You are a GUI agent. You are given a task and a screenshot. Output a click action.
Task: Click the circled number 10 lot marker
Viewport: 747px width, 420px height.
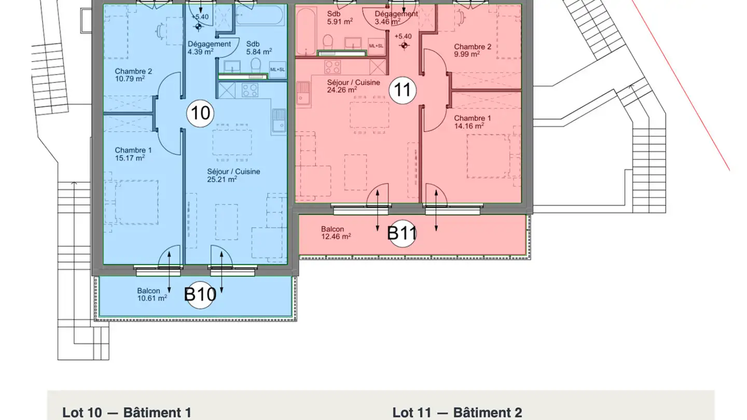(x=200, y=114)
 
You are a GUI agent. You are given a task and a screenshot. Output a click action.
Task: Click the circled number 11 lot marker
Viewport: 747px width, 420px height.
(x=403, y=90)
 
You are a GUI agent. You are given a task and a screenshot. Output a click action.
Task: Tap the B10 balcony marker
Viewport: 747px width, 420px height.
(x=200, y=295)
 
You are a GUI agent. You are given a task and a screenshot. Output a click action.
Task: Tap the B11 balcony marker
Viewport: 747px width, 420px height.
(x=402, y=233)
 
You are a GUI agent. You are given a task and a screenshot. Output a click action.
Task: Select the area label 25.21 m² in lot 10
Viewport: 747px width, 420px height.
(x=222, y=179)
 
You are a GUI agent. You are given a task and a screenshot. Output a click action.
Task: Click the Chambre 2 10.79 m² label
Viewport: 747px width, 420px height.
(x=133, y=75)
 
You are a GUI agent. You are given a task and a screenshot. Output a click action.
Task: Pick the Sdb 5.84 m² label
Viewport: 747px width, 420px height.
(x=259, y=48)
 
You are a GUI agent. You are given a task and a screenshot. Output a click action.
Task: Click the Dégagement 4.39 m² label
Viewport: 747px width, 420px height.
(x=209, y=48)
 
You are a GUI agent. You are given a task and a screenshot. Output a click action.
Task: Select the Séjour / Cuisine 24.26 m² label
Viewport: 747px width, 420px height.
(x=353, y=86)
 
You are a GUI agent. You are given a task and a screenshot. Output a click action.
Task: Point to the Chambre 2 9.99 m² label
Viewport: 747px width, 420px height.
(x=473, y=50)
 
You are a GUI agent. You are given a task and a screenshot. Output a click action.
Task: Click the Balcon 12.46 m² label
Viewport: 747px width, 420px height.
(x=336, y=233)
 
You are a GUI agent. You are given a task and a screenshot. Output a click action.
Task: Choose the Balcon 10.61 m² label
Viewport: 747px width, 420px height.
(x=152, y=295)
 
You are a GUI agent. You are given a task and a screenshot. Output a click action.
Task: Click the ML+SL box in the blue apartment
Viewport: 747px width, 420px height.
(x=278, y=69)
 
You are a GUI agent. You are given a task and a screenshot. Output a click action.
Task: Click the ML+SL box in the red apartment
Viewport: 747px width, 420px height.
(x=376, y=46)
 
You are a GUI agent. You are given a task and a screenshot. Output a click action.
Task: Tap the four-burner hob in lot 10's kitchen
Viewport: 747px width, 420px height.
(x=250, y=90)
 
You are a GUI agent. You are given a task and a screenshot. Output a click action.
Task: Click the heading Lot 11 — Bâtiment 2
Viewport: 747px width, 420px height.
(x=457, y=413)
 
